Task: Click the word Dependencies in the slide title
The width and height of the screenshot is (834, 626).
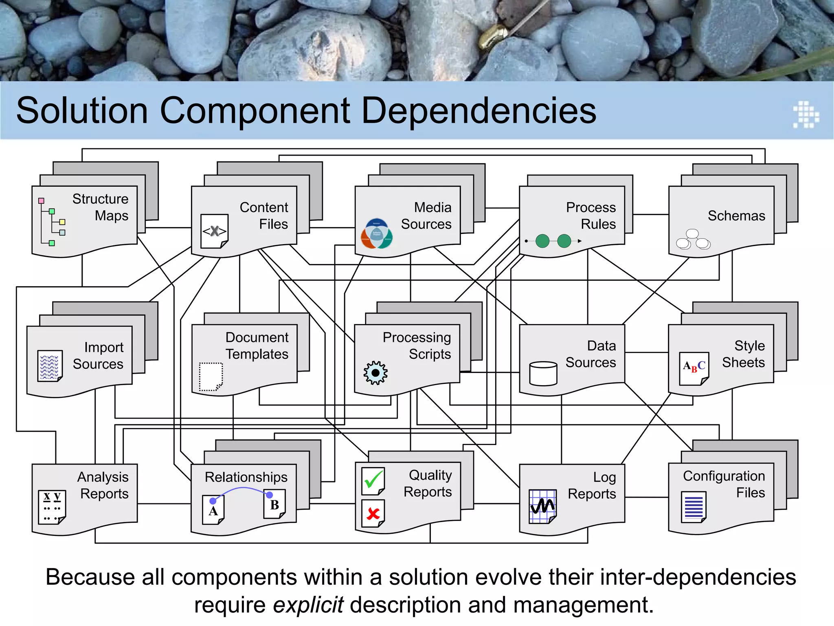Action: coord(478,111)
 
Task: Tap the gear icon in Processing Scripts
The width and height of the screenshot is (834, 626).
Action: coord(375,373)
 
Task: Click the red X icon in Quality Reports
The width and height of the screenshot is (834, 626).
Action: coord(373,514)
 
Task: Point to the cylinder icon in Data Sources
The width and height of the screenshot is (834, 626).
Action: coord(543,373)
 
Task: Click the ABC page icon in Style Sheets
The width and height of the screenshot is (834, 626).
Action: coord(694,368)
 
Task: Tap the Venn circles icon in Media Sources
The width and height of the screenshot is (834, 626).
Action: coord(377,234)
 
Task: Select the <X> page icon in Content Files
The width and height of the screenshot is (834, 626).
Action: coord(215,231)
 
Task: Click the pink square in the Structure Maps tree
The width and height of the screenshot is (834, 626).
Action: coord(41,201)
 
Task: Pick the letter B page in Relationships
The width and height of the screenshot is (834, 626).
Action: coord(274,504)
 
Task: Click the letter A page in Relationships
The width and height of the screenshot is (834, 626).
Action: coord(213,511)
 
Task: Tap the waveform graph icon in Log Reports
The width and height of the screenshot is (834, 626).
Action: coord(542,506)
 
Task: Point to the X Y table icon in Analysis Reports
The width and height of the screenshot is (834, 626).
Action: coord(52,507)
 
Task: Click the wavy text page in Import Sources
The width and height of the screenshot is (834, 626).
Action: coord(50,366)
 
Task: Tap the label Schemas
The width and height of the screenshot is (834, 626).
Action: coord(736,216)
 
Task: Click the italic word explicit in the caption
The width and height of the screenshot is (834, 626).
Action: coord(308,604)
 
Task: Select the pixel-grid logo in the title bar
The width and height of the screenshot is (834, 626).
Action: coord(806,115)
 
